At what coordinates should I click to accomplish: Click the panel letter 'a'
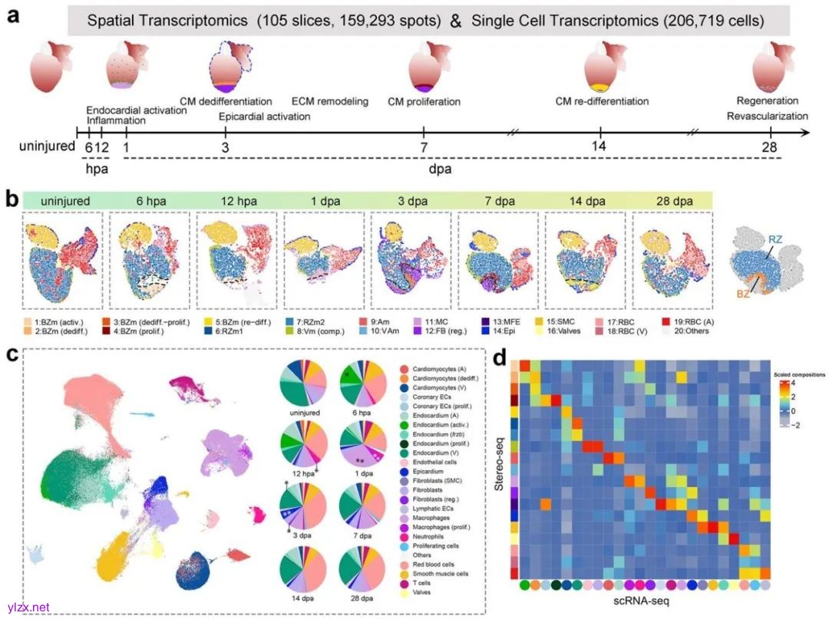coord(12,16)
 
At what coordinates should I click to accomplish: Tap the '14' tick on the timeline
coord(600,146)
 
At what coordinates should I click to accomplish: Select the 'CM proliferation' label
coord(424,101)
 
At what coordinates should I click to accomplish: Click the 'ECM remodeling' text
coord(330,101)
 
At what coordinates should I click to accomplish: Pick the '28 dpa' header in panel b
coord(663,201)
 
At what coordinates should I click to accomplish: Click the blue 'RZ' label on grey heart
coord(775,241)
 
